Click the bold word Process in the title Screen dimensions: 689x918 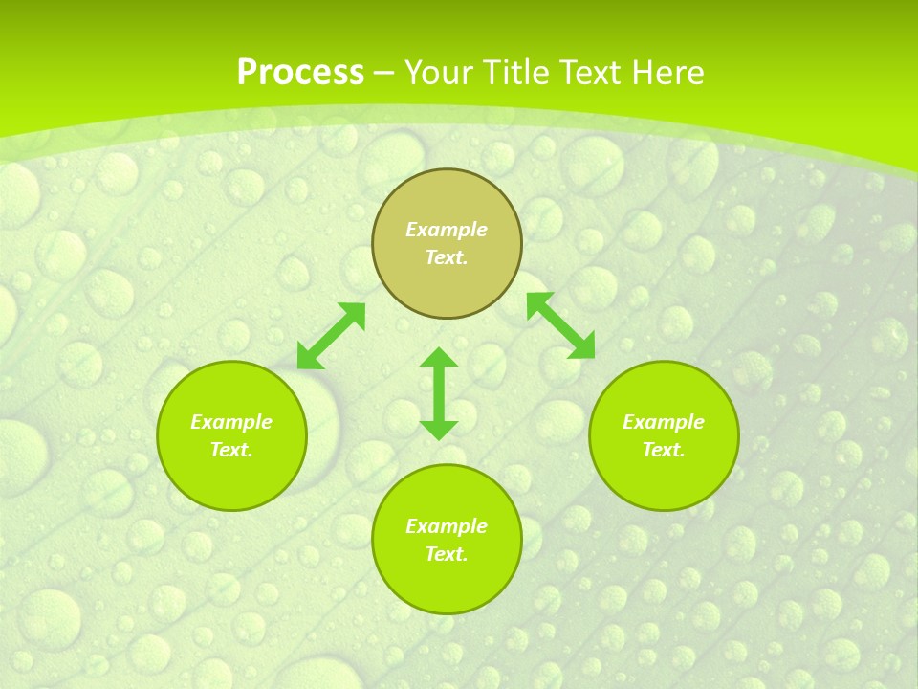[x=300, y=73]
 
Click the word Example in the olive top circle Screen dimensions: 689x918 [x=447, y=230]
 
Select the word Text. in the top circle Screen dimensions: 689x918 [x=447, y=257]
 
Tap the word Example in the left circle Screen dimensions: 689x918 [x=231, y=422]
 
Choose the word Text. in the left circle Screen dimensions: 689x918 [x=231, y=450]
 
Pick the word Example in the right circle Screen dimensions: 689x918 [x=664, y=422]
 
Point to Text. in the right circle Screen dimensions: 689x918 [x=664, y=450]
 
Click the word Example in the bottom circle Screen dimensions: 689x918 [x=447, y=526]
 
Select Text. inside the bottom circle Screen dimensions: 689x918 [x=447, y=554]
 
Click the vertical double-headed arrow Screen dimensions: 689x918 [x=439, y=393]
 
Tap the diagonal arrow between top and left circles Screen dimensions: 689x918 [x=331, y=336]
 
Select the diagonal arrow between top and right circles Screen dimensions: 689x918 [x=560, y=325]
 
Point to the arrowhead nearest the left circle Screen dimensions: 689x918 [x=308, y=358]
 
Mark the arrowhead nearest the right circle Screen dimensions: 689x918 [x=582, y=347]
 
